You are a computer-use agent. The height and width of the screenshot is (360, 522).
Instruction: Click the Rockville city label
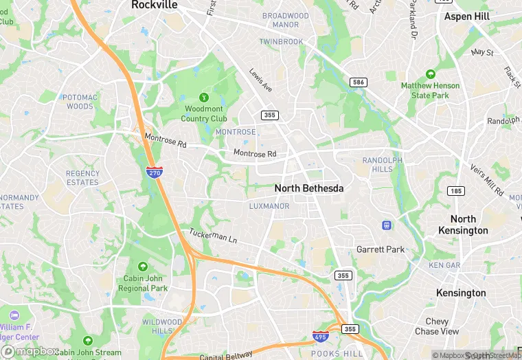[x=154, y=5]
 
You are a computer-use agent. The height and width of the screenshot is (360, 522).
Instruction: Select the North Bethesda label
[x=308, y=188]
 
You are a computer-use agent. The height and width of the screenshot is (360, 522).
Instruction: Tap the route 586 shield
[x=358, y=82]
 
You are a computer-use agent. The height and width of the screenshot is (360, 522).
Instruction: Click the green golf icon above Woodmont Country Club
[x=203, y=98]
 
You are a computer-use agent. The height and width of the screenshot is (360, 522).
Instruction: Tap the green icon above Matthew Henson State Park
[x=431, y=74]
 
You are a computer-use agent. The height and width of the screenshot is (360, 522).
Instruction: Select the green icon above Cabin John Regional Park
[x=143, y=266]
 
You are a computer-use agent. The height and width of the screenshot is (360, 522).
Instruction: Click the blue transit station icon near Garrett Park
[x=387, y=225]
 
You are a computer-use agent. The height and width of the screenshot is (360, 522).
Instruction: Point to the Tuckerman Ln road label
[x=213, y=237]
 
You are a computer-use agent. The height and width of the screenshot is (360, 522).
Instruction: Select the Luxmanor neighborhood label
[x=269, y=206]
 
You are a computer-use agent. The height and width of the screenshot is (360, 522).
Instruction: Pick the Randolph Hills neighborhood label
[x=382, y=165]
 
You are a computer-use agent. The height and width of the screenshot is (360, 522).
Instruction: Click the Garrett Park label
[x=381, y=249]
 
